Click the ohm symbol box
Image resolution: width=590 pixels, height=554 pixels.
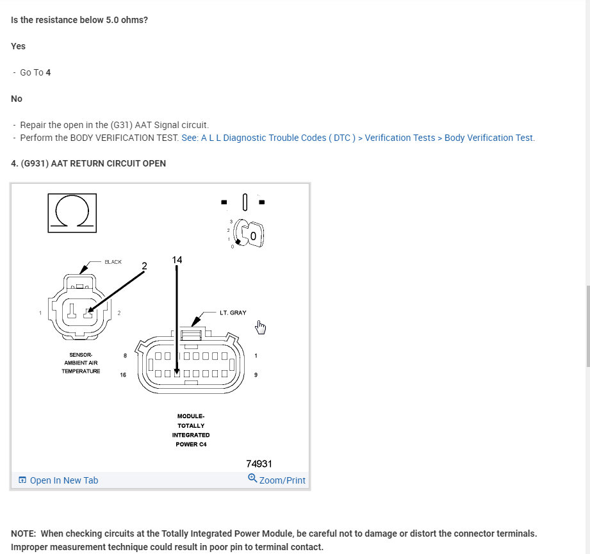click(x=72, y=212)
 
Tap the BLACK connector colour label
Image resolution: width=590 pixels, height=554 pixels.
click(x=113, y=262)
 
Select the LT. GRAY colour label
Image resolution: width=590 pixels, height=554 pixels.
click(x=233, y=313)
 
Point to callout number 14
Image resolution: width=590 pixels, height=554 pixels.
click(x=177, y=259)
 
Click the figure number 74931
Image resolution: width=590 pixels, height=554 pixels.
click(x=259, y=464)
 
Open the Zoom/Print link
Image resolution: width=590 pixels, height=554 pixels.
click(x=277, y=480)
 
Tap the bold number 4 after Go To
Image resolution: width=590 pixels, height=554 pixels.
click(x=48, y=72)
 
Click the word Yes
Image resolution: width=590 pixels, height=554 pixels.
click(x=19, y=46)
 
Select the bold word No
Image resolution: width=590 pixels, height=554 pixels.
click(x=17, y=99)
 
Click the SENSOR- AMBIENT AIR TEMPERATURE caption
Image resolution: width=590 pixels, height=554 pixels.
click(x=81, y=363)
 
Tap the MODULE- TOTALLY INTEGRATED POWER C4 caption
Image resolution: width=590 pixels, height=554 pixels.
click(x=191, y=430)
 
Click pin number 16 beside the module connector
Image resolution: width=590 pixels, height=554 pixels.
click(x=123, y=375)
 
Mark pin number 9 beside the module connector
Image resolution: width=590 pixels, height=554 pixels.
click(x=256, y=375)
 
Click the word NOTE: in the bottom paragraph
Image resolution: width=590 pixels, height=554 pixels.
click(x=24, y=534)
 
